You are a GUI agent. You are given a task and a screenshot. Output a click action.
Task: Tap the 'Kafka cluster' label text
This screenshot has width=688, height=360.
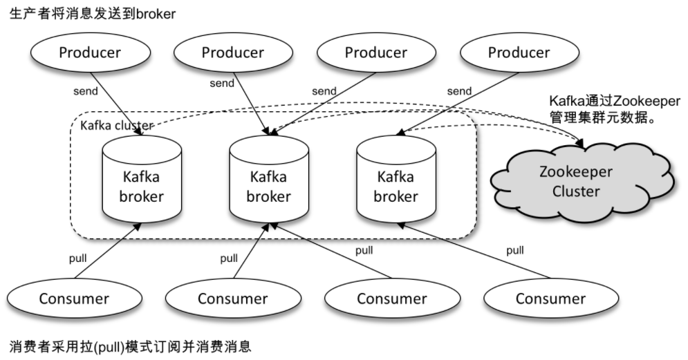[x=117, y=126]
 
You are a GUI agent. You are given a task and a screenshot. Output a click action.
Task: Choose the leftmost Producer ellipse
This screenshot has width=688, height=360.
[x=89, y=53]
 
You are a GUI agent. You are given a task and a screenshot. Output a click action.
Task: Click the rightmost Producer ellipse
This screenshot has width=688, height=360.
[x=519, y=53]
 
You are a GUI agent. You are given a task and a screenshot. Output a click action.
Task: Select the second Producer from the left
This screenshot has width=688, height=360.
[x=232, y=53]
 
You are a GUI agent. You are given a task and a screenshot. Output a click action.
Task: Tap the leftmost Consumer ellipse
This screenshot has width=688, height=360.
[x=74, y=299]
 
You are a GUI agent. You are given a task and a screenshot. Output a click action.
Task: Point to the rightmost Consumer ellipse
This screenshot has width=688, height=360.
[x=550, y=299]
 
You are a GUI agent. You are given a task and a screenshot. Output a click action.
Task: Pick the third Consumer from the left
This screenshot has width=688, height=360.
[x=391, y=299]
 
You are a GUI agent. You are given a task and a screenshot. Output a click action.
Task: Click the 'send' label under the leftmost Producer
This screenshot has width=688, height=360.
[x=86, y=91]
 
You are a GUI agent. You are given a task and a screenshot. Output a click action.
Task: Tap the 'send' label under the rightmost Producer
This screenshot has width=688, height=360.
[x=459, y=91]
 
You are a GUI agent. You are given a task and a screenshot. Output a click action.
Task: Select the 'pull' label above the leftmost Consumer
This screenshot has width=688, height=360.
[x=78, y=258]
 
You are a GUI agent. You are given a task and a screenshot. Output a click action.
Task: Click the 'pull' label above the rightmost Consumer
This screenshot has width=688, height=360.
[x=514, y=250]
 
